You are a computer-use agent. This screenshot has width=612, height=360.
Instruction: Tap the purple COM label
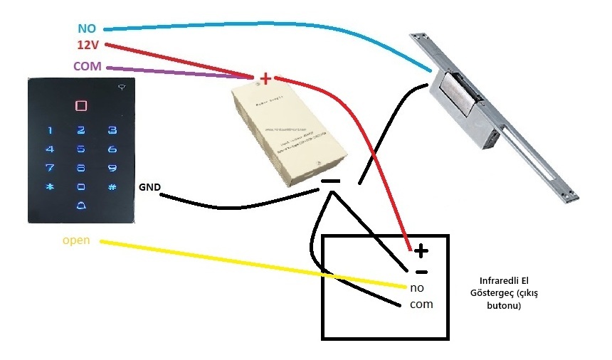[x=88, y=66]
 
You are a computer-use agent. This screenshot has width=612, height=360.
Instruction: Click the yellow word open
[x=76, y=240]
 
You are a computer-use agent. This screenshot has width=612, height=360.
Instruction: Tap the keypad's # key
[x=112, y=187]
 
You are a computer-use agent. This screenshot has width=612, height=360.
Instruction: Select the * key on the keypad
[x=50, y=187]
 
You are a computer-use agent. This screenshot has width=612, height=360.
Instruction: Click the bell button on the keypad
[x=81, y=206]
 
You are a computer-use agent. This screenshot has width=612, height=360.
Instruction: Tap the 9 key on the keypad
[x=112, y=169]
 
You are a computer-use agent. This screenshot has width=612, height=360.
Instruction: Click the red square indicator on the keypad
[x=81, y=106]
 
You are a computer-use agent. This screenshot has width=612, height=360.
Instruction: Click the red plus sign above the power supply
[x=265, y=78]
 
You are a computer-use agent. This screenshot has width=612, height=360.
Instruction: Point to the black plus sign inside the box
[x=421, y=250]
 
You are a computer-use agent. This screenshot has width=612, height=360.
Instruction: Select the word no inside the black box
[x=417, y=287]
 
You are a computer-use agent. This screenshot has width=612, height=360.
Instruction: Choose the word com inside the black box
[x=421, y=304]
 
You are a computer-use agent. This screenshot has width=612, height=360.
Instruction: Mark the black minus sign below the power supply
[x=330, y=181]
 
